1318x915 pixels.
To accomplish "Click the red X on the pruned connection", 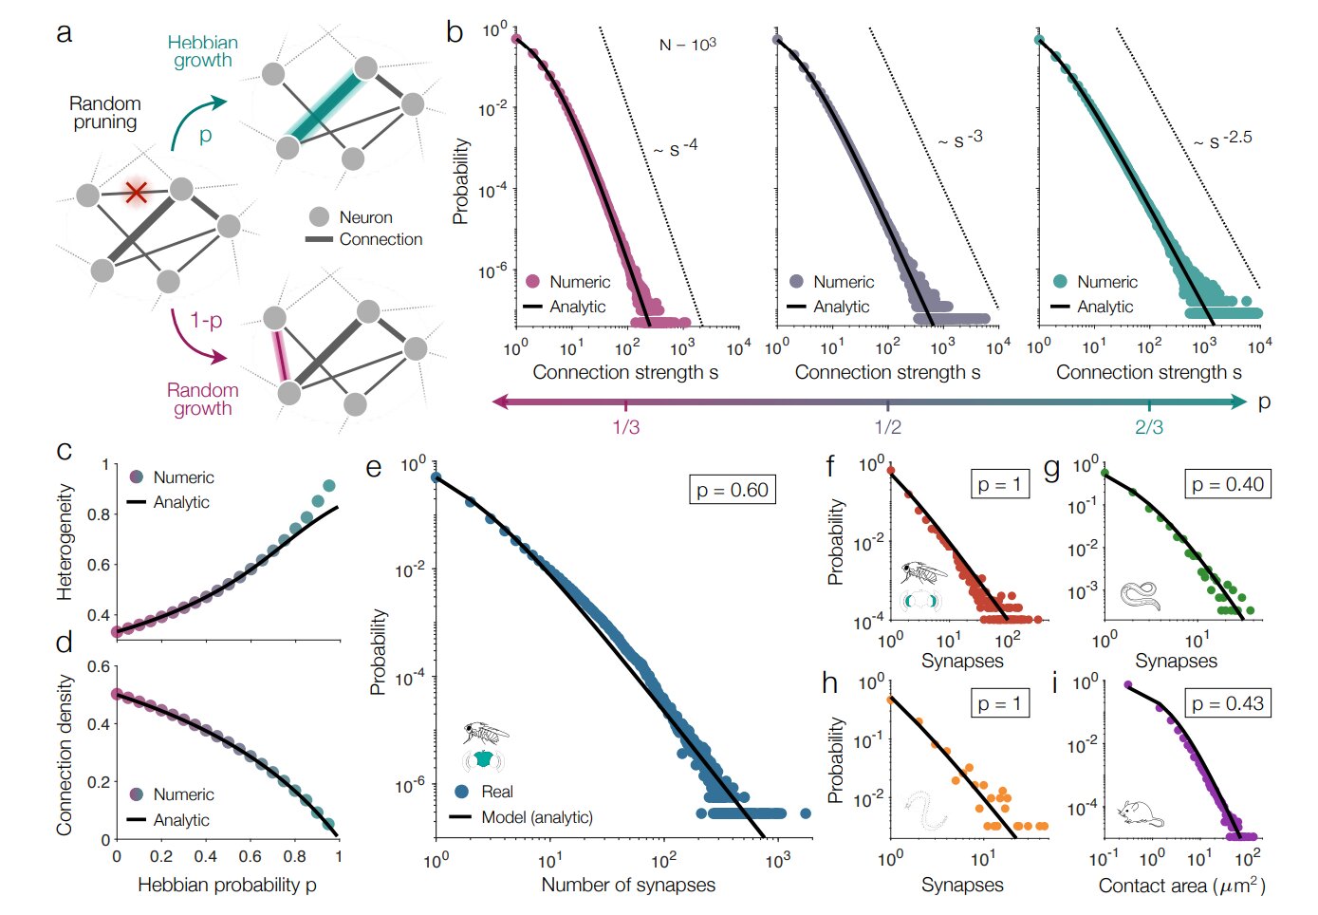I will [x=137, y=193].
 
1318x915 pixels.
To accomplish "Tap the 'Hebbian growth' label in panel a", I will [x=202, y=52].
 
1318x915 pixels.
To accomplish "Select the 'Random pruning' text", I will [x=105, y=113].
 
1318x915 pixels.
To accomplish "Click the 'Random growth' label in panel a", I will [x=202, y=400].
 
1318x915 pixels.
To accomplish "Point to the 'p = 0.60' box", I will [x=733, y=490].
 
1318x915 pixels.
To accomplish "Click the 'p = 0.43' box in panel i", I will [x=1227, y=703].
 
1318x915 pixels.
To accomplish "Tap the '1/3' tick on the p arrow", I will [x=625, y=426].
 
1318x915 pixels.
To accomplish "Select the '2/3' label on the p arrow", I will [x=1149, y=426].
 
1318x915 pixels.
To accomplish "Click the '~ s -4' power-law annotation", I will [x=675, y=148].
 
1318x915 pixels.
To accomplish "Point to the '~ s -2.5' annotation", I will [x=1223, y=140].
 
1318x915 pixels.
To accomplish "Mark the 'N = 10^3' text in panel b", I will [x=688, y=45].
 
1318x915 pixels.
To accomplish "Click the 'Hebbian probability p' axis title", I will [x=227, y=885].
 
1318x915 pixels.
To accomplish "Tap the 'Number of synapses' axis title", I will [x=628, y=885].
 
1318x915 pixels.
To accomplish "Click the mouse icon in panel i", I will [x=1141, y=812].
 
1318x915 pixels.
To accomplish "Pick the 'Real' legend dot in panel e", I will [x=462, y=791].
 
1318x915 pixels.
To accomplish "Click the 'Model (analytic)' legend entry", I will [x=536, y=817].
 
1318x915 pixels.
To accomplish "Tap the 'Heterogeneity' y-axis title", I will [x=65, y=542].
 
